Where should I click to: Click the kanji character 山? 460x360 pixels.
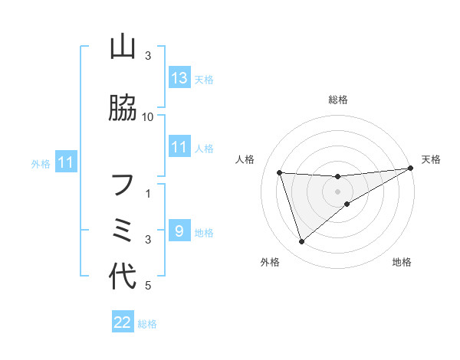click(123, 47)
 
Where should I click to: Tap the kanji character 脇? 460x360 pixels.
click(123, 109)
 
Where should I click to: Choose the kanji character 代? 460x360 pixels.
click(123, 277)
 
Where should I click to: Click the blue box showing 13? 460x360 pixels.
click(179, 78)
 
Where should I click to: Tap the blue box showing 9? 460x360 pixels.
click(179, 231)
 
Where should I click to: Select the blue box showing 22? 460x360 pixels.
click(123, 322)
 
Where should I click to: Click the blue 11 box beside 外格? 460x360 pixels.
click(65, 162)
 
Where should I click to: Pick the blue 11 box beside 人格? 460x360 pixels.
click(179, 147)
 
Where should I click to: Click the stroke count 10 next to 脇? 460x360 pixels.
click(148, 116)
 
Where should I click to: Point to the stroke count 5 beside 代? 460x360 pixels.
click(148, 286)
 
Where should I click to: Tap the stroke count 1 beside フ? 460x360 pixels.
click(148, 195)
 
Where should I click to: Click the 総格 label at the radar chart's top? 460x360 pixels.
click(338, 100)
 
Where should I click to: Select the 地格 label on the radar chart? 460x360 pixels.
click(402, 263)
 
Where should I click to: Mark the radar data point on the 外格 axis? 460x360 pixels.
click(301, 242)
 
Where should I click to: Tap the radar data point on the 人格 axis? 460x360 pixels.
click(280, 173)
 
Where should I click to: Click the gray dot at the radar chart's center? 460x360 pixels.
click(338, 191)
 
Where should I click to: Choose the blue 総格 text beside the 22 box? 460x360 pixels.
click(147, 324)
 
